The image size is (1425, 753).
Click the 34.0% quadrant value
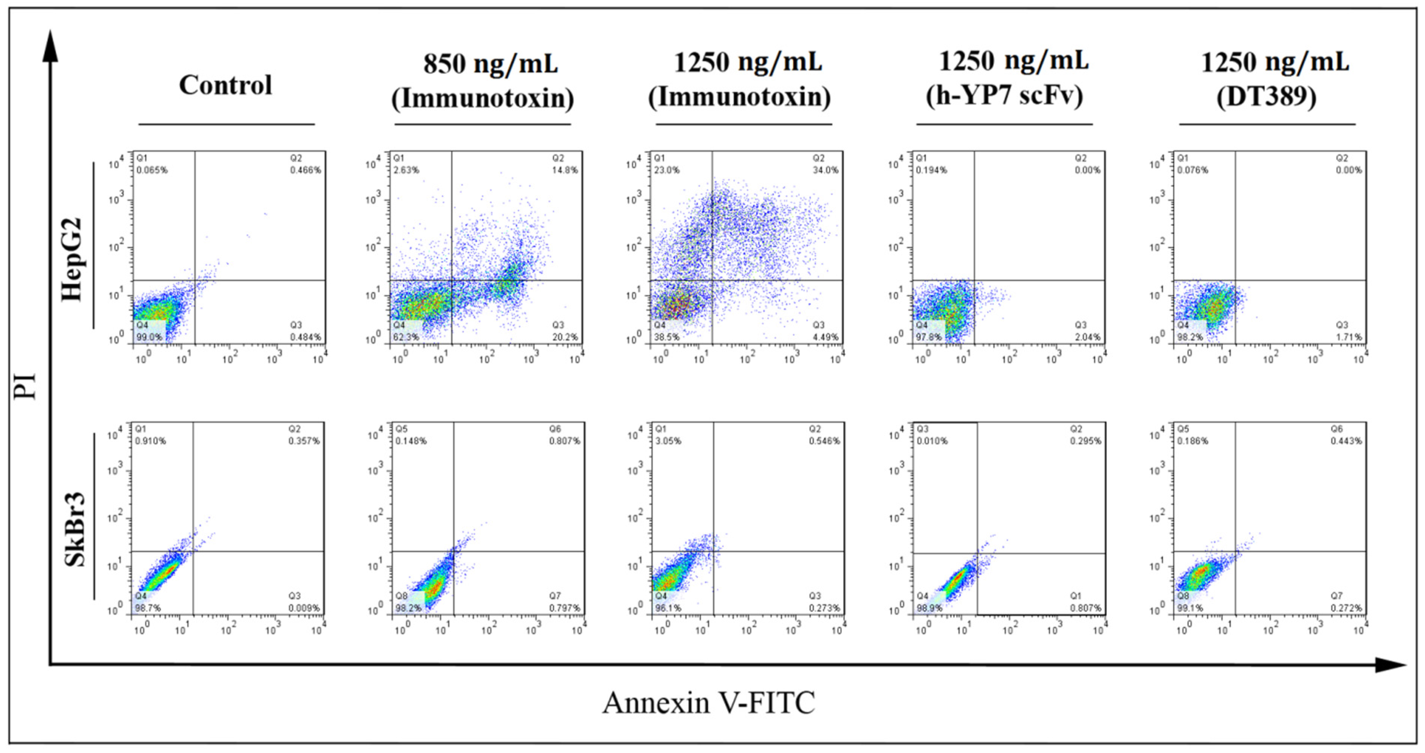825,170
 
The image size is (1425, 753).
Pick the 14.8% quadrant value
565,170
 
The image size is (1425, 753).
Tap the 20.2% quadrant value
565,337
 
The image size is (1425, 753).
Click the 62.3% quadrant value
407,337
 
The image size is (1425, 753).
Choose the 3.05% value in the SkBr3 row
668,441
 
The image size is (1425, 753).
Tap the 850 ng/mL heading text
491,64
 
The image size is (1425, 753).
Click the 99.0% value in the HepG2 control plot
149,337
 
